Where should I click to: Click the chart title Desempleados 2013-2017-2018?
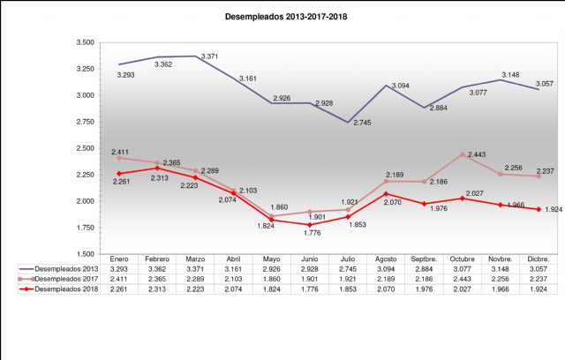(x=282, y=16)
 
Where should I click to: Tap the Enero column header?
(x=132, y=258)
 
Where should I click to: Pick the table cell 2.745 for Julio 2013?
(x=361, y=268)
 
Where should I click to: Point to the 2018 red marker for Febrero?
(x=157, y=168)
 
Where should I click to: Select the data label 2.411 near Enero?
(x=122, y=152)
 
